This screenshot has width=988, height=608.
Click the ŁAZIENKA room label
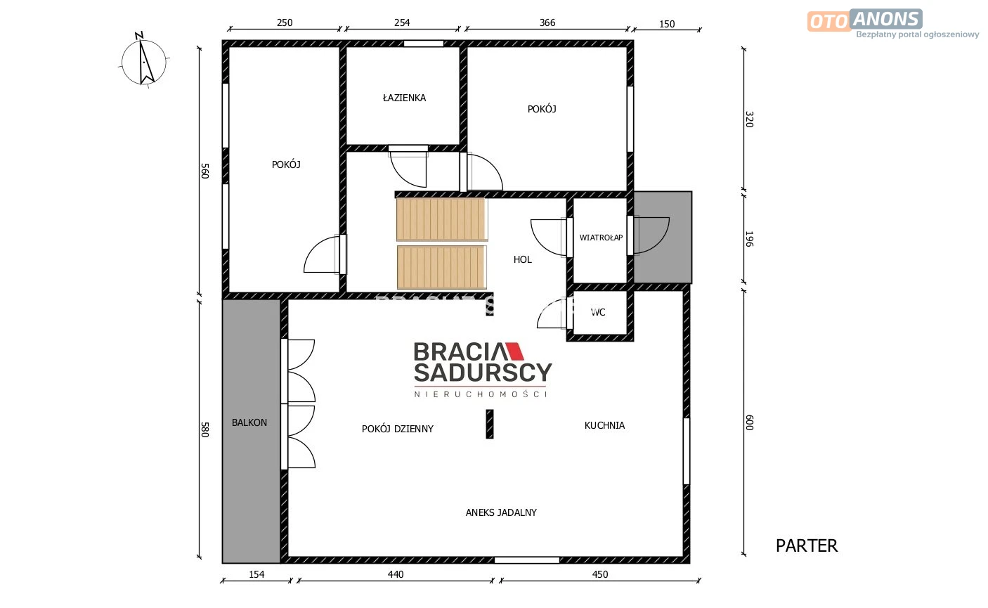click(404, 98)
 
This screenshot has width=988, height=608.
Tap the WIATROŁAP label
click(601, 238)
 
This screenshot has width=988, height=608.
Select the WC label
click(598, 312)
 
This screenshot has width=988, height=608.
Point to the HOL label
click(522, 259)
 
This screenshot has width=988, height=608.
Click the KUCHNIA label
click(604, 425)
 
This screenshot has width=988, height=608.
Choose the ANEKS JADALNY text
click(501, 512)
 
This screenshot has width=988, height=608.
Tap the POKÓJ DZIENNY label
click(398, 429)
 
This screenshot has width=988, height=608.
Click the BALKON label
click(249, 422)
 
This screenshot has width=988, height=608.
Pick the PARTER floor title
click(806, 545)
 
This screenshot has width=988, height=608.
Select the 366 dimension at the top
click(547, 22)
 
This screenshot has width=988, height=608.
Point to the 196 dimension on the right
click(749, 239)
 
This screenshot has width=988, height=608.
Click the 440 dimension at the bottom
click(395, 574)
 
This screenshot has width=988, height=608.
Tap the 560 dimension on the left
click(204, 171)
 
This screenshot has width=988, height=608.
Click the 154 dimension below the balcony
click(256, 574)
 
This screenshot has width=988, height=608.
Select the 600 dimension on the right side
click(749, 422)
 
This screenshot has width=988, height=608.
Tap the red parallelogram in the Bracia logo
click(514, 351)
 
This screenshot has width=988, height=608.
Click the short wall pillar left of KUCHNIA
click(490, 424)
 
